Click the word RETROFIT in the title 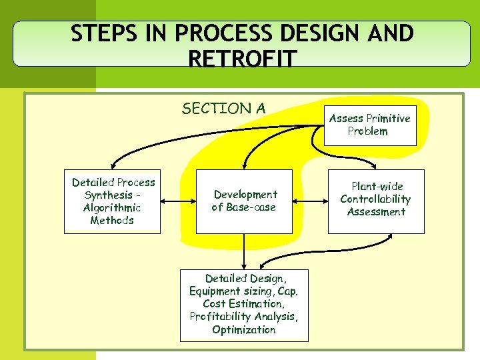(x=243, y=59)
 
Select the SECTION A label (x=223, y=108)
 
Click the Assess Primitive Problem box (x=371, y=125)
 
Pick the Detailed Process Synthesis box (x=112, y=201)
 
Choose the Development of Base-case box (x=244, y=201)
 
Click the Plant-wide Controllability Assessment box (x=376, y=199)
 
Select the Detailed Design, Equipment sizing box (x=244, y=304)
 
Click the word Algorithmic (x=112, y=208)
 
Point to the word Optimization (x=244, y=330)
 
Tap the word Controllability (x=375, y=199)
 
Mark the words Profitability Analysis (x=244, y=317)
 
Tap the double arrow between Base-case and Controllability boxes (x=310, y=201)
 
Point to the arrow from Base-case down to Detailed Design (x=244, y=251)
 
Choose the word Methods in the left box (x=112, y=221)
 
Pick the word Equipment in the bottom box (x=221, y=291)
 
